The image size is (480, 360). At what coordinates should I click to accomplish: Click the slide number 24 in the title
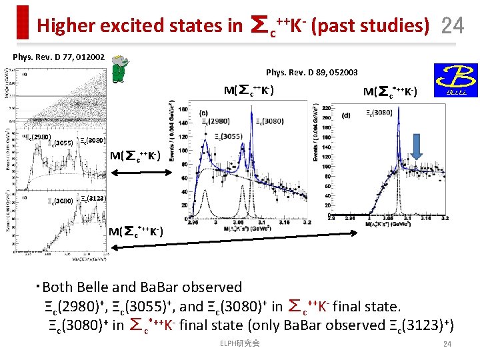coord(453,25)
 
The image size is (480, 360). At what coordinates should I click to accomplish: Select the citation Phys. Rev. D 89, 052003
coord(311,72)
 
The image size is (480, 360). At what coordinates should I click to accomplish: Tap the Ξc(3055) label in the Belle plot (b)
coord(224,136)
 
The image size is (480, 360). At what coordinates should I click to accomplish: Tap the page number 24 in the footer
coord(447,344)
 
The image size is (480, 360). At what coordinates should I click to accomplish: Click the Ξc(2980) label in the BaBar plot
coord(37,137)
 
